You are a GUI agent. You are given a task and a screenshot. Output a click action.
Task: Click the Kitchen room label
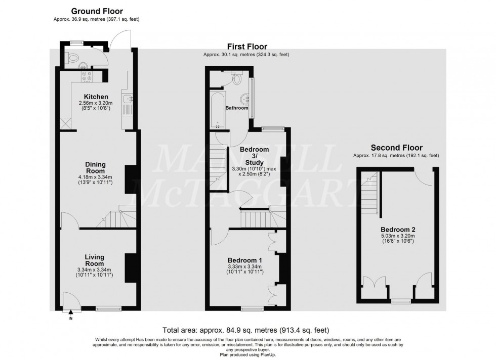click(96, 97)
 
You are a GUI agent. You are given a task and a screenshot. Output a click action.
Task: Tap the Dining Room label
click(95, 167)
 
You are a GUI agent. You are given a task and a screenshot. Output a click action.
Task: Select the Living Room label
click(95, 260)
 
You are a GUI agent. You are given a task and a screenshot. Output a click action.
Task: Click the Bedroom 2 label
click(398, 227)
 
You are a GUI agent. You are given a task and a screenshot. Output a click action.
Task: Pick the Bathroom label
click(237, 108)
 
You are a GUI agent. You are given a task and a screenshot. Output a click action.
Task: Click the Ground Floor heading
click(97, 11)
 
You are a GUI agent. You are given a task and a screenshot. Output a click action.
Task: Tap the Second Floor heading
click(396, 148)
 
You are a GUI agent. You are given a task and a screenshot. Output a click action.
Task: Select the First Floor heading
click(246, 47)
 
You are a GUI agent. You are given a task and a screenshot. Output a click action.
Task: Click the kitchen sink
click(127, 99)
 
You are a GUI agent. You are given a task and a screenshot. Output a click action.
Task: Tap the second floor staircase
click(371, 195)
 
